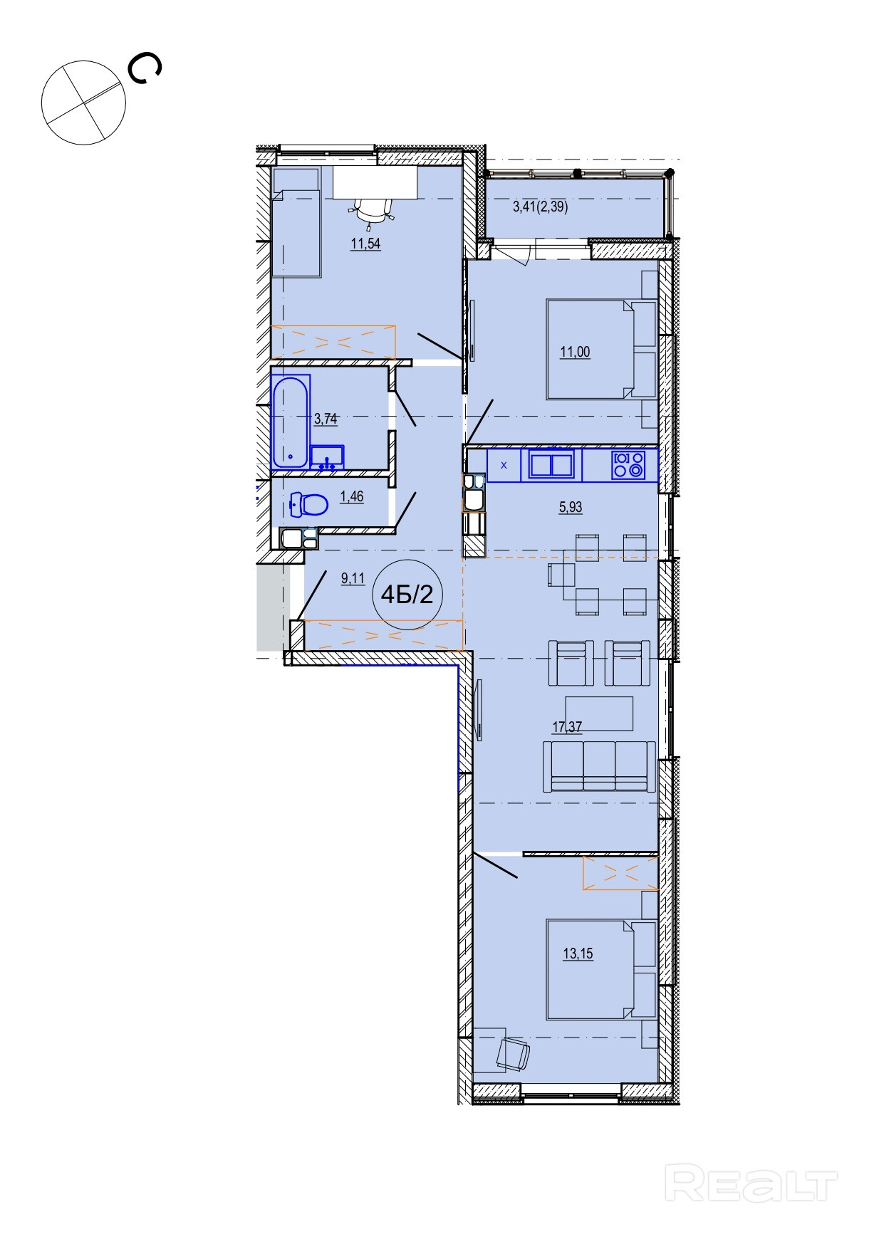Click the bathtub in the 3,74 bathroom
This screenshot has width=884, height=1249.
coord(291,422)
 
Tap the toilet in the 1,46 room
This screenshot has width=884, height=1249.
coord(308,504)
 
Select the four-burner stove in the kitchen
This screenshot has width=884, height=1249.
coord(628,465)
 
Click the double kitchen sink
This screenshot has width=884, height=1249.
coord(552,465)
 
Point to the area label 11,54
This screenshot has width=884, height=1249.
coord(365,244)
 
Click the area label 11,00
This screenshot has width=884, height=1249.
coord(575,352)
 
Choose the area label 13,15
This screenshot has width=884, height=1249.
coord(578,954)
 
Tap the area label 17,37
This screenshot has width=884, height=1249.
coord(568,726)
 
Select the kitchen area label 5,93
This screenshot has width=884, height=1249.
coord(571,507)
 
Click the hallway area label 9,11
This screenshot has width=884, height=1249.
coord(353,579)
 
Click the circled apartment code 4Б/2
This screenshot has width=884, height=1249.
coord(407,594)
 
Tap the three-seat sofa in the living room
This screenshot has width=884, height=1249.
coord(599,766)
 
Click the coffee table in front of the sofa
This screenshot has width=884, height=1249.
coord(599,714)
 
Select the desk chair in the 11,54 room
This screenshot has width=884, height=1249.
coord(373,211)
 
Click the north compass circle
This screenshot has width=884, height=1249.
coord(84,103)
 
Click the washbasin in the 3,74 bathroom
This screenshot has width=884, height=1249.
coord(327,457)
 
